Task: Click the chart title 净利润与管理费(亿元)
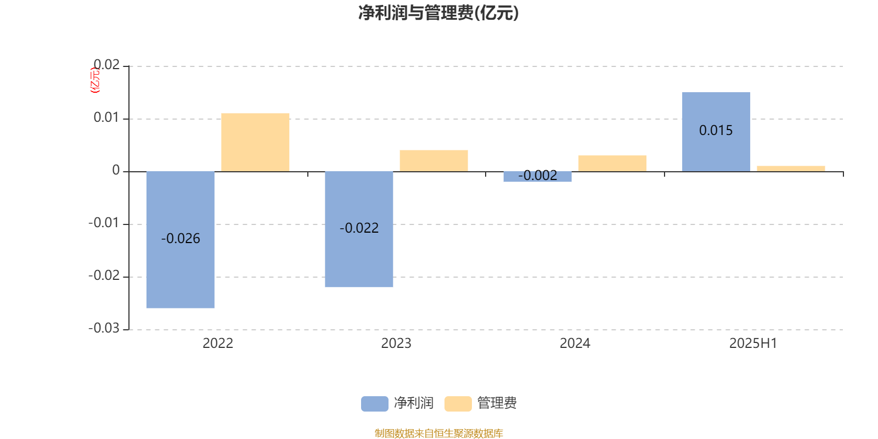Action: click(x=438, y=13)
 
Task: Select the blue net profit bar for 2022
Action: click(x=181, y=239)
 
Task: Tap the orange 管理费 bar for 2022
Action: click(x=255, y=142)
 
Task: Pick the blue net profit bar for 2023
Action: click(x=359, y=229)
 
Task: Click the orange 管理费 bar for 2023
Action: click(x=434, y=161)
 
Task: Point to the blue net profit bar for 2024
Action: click(x=537, y=177)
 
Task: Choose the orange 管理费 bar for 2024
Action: click(x=612, y=164)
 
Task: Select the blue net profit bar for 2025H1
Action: click(x=716, y=132)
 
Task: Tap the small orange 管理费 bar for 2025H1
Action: click(x=791, y=169)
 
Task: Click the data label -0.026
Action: click(x=181, y=238)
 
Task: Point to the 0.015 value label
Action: click(x=716, y=130)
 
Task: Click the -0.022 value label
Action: click(x=359, y=228)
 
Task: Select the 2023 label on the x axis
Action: click(x=396, y=344)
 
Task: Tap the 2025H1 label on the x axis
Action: click(x=753, y=344)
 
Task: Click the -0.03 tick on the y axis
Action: click(x=104, y=328)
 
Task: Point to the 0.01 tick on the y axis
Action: click(x=106, y=117)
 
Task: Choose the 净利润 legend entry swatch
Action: click(x=375, y=404)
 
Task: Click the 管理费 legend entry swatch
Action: click(x=458, y=404)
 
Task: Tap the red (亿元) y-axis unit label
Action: click(x=95, y=80)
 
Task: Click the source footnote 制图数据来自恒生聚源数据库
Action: click(x=438, y=433)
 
